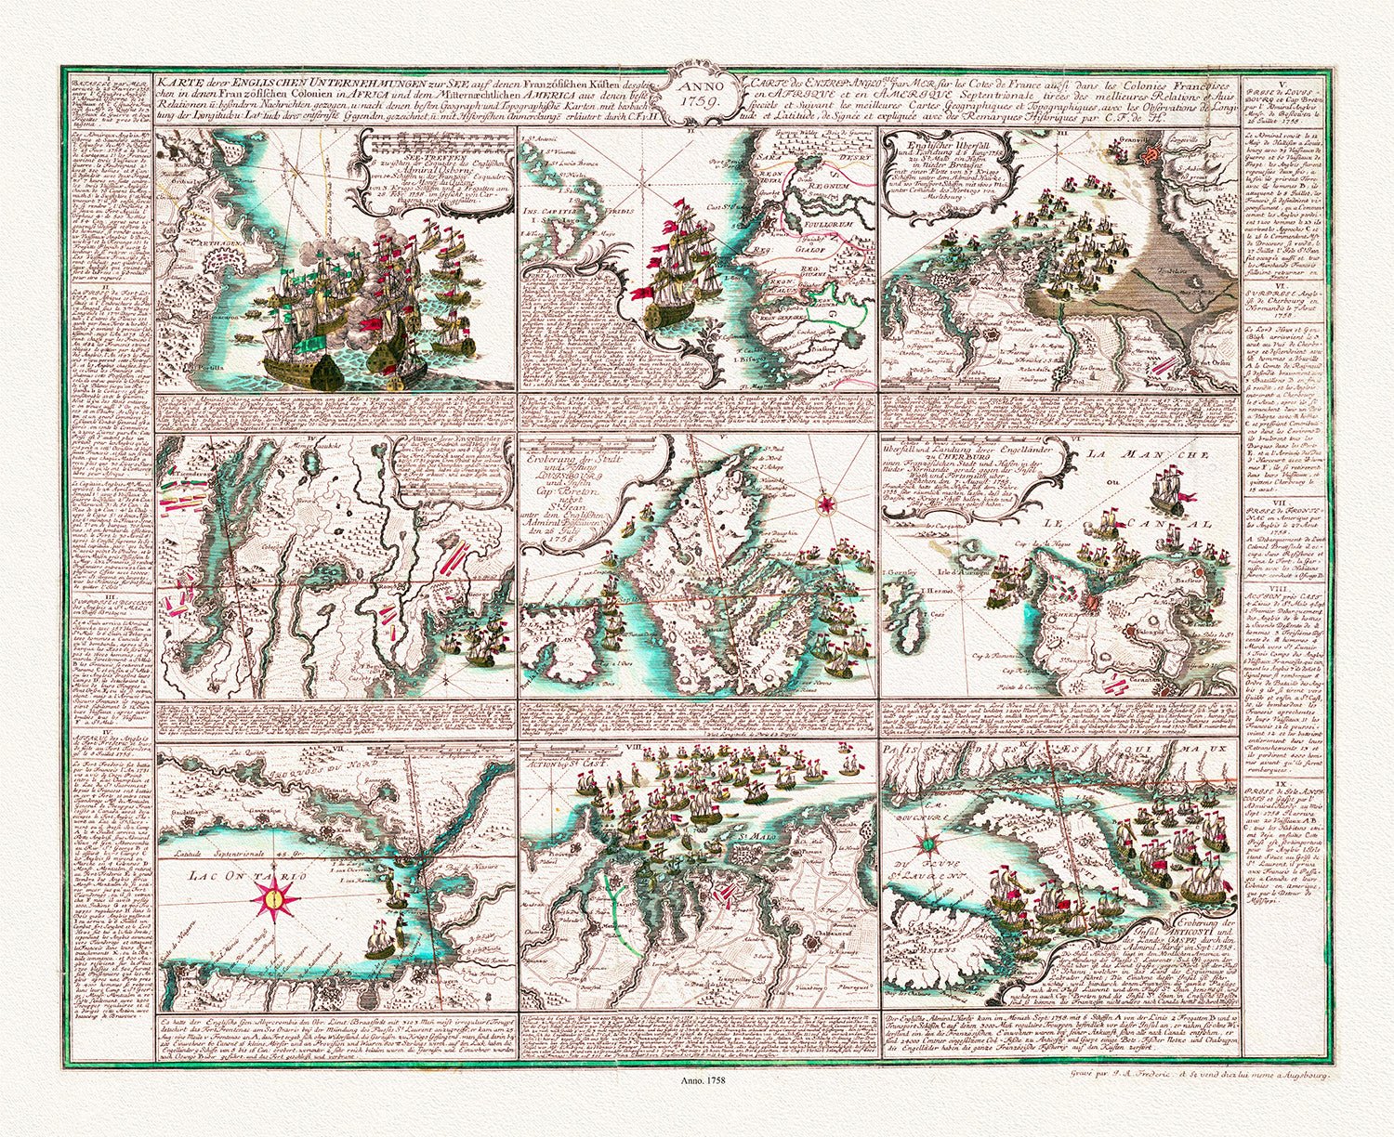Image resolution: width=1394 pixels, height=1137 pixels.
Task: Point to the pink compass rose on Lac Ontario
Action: click(x=273, y=898)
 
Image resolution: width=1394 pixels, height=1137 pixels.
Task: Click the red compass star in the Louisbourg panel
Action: click(x=823, y=505)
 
